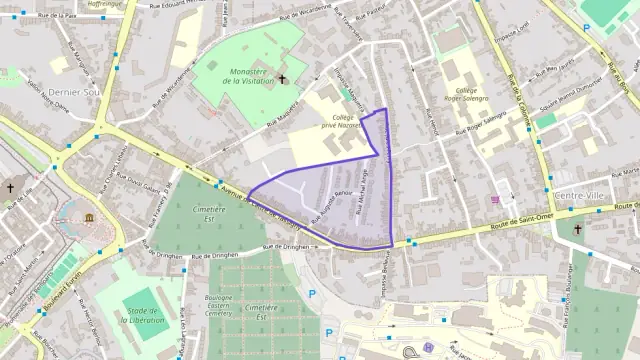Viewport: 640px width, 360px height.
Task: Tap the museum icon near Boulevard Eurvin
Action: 89,217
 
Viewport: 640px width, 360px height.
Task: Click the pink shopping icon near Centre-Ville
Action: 497,198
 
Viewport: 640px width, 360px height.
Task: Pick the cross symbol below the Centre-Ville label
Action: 579,228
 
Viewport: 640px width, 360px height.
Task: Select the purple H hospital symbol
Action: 428,348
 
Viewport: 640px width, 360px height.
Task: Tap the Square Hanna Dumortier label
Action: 570,103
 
